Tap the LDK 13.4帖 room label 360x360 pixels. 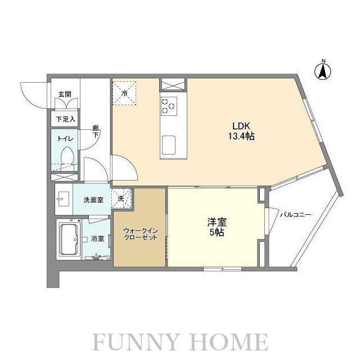(x=241, y=131)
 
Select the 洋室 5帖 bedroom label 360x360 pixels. (x=217, y=227)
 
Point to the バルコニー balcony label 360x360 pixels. (x=295, y=215)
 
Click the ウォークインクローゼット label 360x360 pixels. (x=141, y=234)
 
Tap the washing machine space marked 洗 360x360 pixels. (x=121, y=199)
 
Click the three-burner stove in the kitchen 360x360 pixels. (x=169, y=106)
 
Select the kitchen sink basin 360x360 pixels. (x=169, y=145)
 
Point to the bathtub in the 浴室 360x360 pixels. (x=69, y=239)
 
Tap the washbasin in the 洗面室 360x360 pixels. (x=63, y=199)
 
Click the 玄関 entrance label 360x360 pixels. (x=65, y=94)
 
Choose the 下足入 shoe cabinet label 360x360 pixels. (x=66, y=119)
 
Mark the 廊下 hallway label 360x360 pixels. (x=96, y=131)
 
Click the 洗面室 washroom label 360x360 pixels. (x=93, y=200)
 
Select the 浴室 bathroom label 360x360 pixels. (x=97, y=238)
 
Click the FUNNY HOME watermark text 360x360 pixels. (x=181, y=342)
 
